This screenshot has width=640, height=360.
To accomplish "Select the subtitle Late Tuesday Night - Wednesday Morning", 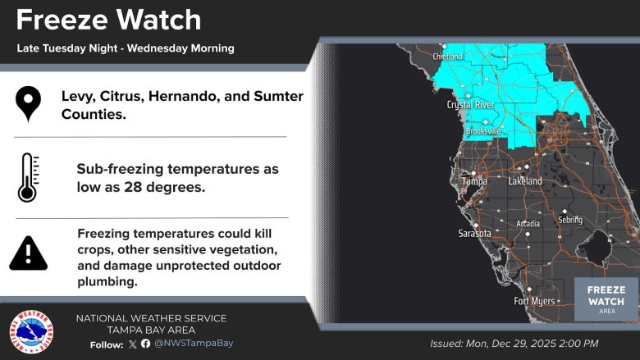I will tap(126, 48).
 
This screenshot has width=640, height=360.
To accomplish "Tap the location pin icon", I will tap(28, 105).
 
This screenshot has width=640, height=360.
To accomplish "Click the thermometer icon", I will tap(27, 177).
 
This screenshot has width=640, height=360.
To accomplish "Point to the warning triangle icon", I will tap(28, 253).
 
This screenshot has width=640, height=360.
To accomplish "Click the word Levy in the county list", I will tap(79, 97).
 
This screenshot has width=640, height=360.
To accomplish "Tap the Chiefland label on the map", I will tap(448, 57).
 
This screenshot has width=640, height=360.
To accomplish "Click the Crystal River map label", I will tap(470, 105).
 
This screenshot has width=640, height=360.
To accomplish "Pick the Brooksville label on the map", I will tap(482, 131).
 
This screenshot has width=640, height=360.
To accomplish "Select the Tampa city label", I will tap(474, 180).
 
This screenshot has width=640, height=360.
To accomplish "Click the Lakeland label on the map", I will tap(525, 180).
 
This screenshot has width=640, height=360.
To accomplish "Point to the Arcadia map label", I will tap(528, 224).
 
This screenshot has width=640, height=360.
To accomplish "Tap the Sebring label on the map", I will tap(569, 220).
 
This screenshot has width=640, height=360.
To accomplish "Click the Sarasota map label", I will tap(474, 234).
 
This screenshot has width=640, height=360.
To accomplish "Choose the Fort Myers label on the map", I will tap(533, 300).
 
